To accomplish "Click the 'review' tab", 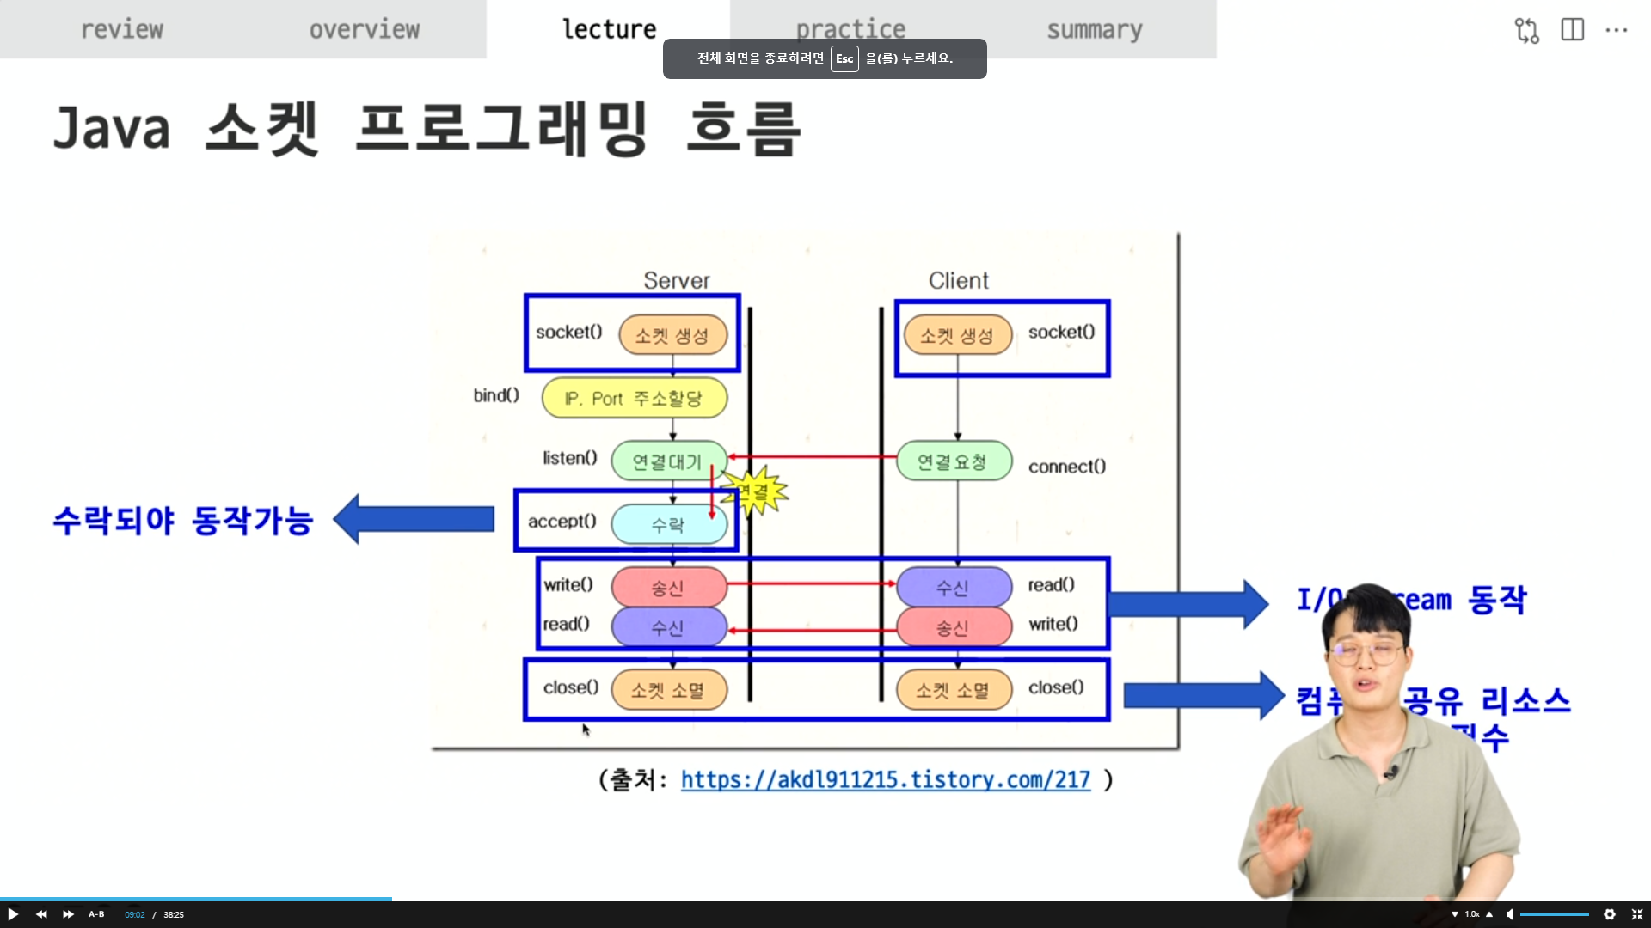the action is (121, 29).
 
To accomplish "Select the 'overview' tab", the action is (365, 29).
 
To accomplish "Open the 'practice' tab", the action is (850, 29).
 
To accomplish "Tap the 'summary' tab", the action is (1094, 29).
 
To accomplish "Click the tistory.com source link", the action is (885, 779).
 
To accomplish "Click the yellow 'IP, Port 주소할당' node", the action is (635, 399).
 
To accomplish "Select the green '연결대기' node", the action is (668, 461).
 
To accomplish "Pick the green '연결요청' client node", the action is (953, 461).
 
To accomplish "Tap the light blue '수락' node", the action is (668, 524).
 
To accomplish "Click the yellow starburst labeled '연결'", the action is (754, 491).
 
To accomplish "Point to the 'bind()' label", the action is (496, 395).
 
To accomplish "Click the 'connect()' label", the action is (1066, 467).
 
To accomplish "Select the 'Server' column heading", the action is (677, 281).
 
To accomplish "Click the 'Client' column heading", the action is (958, 281).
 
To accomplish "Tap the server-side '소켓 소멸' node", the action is (668, 690).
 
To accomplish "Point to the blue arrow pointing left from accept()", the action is (414, 519).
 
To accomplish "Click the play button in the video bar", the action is (13, 914).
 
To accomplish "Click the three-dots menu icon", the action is (1616, 30).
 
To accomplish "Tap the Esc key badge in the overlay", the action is (844, 58).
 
